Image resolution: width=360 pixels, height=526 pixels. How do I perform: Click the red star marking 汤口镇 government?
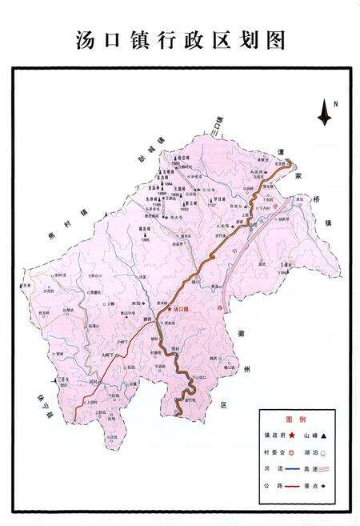coord(169,308)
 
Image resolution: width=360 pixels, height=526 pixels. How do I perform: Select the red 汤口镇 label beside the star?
coord(183,308)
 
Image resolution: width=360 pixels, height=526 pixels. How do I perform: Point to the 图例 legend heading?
coord(295,420)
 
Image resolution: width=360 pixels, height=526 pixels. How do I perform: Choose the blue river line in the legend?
coord(291,469)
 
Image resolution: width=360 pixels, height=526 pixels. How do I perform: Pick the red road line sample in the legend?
coord(291,486)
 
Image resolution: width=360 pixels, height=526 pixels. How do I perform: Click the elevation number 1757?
coord(211,205)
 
